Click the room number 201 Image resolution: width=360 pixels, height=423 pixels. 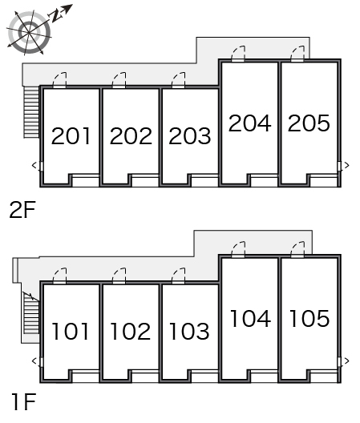71,135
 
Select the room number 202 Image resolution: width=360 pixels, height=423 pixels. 131,135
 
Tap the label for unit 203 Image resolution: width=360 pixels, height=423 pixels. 190,135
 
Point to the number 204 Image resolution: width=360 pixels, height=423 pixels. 250,123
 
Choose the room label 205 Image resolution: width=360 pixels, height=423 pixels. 309,123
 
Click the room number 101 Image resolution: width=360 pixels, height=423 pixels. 71,331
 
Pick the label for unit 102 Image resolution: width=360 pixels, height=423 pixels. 131,331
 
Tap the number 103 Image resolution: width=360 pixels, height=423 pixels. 189,331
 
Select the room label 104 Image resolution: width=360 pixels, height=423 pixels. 250,318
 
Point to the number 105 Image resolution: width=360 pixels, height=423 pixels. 309,318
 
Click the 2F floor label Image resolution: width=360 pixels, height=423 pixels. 22,210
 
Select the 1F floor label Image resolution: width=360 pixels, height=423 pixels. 24,402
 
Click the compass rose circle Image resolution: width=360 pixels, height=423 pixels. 29,32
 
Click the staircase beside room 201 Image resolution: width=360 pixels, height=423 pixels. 31,111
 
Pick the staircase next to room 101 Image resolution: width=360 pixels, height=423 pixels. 31,313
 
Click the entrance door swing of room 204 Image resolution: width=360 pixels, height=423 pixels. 239,54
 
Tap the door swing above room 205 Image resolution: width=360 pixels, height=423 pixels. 298,54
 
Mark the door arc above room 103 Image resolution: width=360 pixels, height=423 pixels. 179,276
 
